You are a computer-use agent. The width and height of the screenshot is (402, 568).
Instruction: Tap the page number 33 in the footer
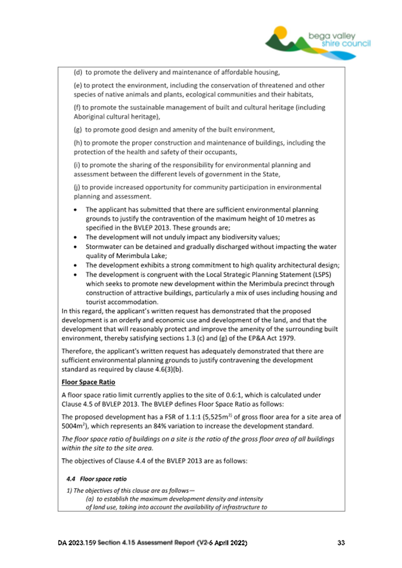341,543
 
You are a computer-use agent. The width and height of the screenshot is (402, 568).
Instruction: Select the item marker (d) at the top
77,73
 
